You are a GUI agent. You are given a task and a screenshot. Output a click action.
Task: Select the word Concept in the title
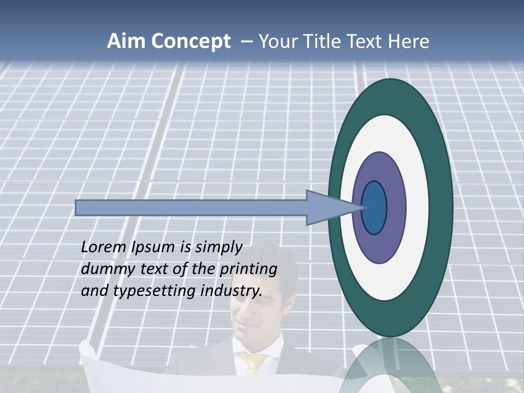(190, 42)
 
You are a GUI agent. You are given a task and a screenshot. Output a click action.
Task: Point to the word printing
(248, 270)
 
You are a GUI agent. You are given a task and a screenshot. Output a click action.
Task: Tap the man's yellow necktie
(253, 362)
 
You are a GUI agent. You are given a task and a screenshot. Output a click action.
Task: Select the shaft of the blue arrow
(191, 208)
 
